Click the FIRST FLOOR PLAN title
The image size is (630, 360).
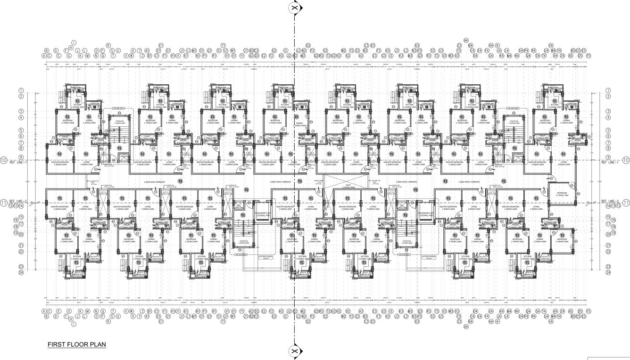pyautogui.click(x=77, y=345)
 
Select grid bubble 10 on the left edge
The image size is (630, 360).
pyautogui.click(x=4, y=160)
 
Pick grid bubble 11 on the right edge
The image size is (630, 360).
pyautogui.click(x=626, y=203)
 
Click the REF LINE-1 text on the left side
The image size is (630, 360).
pyautogui.click(x=18, y=162)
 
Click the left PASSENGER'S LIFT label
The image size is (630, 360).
pyautogui.click(x=261, y=214)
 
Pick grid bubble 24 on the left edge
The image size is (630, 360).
pyautogui.click(x=21, y=272)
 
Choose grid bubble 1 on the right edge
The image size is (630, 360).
pyautogui.click(x=608, y=91)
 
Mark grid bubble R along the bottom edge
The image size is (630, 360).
pyautogui.click(x=108, y=321)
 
